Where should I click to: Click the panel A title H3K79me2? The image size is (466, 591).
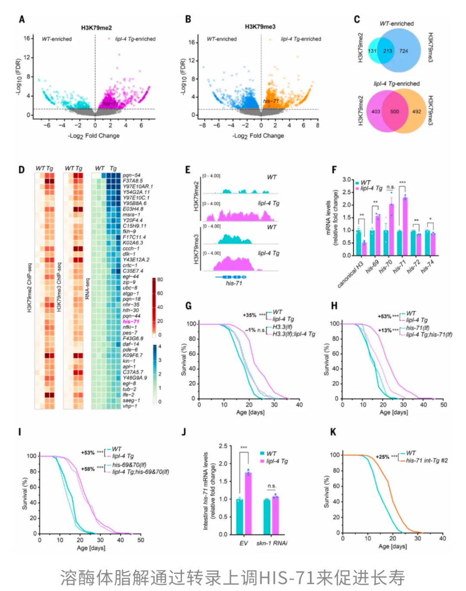pyautogui.click(x=96, y=28)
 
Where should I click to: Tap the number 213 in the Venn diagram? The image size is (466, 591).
pyautogui.click(x=387, y=51)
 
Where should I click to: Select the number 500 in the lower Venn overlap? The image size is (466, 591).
pyautogui.click(x=394, y=111)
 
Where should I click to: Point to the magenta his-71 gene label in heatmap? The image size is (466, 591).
pyautogui.click(x=131, y=322)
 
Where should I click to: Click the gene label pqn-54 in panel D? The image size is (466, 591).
pyautogui.click(x=132, y=175)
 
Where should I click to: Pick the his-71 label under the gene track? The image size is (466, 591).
pyautogui.click(x=234, y=283)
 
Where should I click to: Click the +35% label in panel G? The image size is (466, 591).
pyautogui.click(x=249, y=315)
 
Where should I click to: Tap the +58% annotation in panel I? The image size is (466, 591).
pyautogui.click(x=88, y=469)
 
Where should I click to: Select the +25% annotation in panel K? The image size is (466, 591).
pyautogui.click(x=382, y=457)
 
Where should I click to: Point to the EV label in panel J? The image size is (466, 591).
pyautogui.click(x=244, y=543)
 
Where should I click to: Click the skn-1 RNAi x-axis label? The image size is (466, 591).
pyautogui.click(x=272, y=543)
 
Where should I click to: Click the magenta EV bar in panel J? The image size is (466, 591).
pyautogui.click(x=248, y=503)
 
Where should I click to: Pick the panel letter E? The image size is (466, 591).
pyautogui.click(x=188, y=170)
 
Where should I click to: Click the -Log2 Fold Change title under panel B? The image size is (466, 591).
pyautogui.click(x=258, y=136)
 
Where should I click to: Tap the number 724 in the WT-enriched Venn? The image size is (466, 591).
pyautogui.click(x=403, y=51)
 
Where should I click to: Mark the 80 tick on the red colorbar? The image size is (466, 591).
pyautogui.click(x=160, y=280)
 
